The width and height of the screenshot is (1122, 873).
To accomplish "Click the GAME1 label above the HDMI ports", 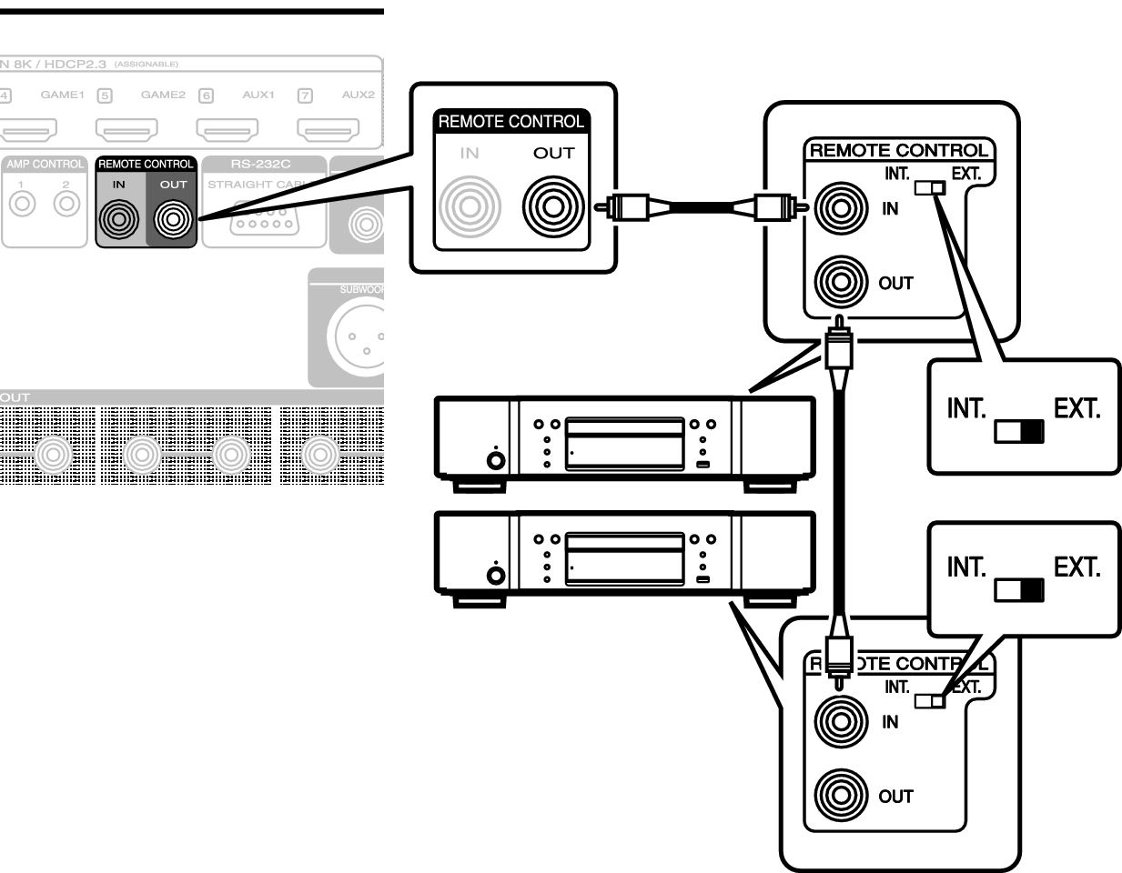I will click(62, 95).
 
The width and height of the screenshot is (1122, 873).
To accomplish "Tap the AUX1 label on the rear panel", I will click(258, 95).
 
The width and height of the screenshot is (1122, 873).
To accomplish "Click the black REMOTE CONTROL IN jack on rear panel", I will click(119, 218).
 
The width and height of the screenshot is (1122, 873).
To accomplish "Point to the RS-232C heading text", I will click(260, 165).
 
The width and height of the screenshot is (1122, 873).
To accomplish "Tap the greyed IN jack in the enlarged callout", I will click(470, 206).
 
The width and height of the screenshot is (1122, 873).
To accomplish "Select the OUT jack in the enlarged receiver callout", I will click(553, 206).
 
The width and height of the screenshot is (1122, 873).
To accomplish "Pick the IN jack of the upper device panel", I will click(841, 208).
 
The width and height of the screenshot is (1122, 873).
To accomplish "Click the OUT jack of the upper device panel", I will click(841, 282).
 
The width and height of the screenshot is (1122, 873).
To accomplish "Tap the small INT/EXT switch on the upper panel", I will click(930, 188).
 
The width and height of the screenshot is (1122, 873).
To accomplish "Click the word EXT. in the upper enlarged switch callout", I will click(1077, 409).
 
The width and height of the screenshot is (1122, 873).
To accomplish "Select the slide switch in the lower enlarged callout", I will click(1019, 591).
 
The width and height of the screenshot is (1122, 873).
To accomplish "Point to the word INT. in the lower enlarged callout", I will click(965, 567).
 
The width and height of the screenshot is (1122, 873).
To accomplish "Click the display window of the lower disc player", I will click(624, 557).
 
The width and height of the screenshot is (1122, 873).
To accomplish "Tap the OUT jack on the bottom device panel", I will click(841, 795).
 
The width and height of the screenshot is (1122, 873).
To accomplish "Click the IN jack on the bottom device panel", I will click(841, 721).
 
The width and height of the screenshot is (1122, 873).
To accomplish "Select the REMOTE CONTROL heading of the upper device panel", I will click(898, 151).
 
